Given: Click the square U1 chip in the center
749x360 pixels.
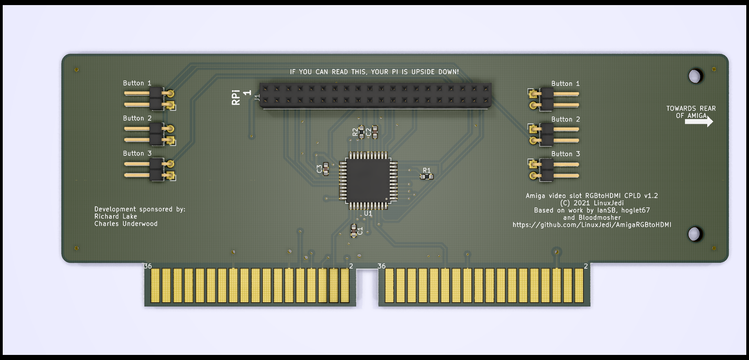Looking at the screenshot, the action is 368,180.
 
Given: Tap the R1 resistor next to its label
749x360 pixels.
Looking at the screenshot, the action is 426,176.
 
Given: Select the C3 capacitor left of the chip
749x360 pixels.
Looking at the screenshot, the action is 326,169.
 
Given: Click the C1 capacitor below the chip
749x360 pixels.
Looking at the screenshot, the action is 354,231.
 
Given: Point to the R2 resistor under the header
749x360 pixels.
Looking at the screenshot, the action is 361,132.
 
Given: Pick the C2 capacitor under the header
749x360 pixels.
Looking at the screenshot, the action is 375,132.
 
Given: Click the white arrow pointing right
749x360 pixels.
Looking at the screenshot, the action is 699,122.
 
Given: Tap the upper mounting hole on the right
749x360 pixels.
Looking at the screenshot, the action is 695,76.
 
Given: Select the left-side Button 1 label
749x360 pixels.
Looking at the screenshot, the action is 137,83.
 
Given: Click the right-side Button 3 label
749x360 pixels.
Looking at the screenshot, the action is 565,154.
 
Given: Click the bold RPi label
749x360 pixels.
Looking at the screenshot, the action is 236,97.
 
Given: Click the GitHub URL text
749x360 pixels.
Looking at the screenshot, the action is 592,225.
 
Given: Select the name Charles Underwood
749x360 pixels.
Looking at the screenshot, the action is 126,224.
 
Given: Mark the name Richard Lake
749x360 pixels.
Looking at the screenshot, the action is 116,216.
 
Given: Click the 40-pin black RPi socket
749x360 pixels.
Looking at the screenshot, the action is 375,95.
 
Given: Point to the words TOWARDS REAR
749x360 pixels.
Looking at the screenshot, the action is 691,109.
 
